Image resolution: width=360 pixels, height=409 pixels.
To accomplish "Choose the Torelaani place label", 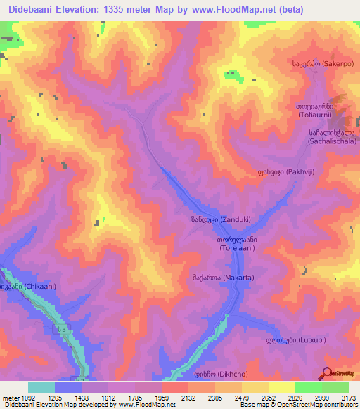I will tap(228, 243).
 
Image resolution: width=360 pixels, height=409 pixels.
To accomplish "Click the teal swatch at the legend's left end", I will tap(41, 387).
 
